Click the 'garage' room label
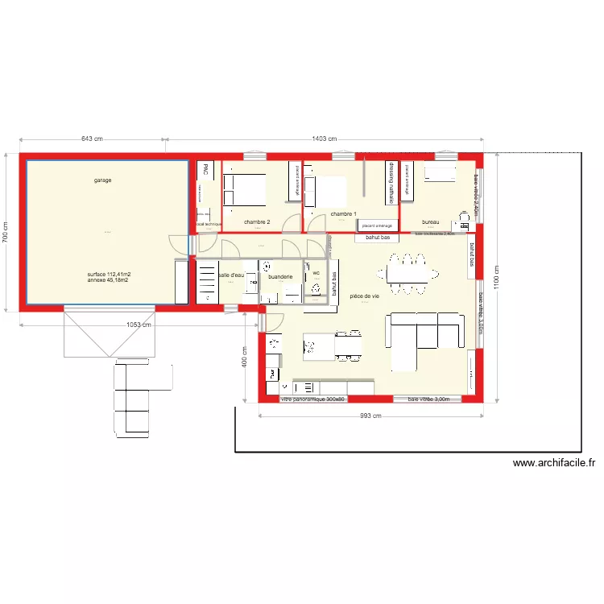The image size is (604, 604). (102, 180)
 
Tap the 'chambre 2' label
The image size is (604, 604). (257, 222)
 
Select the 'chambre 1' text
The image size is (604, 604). (342, 213)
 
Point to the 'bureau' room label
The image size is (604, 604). (430, 222)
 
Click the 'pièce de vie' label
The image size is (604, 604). (365, 296)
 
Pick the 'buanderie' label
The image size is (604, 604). (280, 277)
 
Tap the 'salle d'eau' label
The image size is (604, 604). (230, 275)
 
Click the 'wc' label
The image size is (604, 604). (316, 274)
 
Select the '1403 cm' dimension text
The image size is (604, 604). (324, 139)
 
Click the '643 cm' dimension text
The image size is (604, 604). (93, 139)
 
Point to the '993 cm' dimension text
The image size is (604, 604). (370, 416)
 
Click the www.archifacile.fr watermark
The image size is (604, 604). (555, 463)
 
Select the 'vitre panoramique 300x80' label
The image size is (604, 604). (312, 399)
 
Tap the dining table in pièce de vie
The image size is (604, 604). (409, 271)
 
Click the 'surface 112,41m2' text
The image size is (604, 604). (109, 275)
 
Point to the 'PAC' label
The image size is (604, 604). (206, 170)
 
